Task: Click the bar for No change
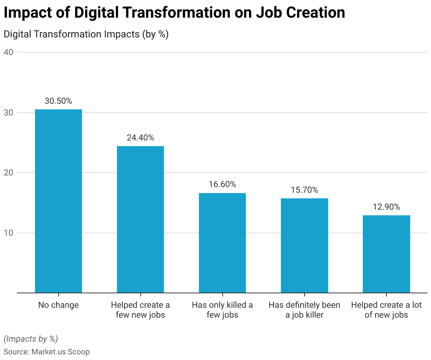point(59,201)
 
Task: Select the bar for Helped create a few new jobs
point(141,220)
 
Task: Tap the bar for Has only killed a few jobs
point(223,243)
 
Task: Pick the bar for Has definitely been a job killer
point(305,246)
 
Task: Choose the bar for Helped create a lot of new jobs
point(386,254)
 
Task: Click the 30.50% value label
point(59,101)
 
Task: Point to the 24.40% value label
point(141,138)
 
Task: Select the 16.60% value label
point(223,185)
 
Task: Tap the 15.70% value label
point(305,190)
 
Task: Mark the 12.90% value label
point(386,207)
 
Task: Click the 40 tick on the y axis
point(8,52)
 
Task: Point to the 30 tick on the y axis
point(8,113)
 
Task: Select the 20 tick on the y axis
point(8,173)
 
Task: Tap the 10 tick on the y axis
point(8,233)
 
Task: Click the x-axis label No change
point(59,305)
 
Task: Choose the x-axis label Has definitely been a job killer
point(305,310)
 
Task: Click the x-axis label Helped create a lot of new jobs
point(386,310)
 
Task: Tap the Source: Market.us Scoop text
point(47,352)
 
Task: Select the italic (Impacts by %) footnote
point(31,339)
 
